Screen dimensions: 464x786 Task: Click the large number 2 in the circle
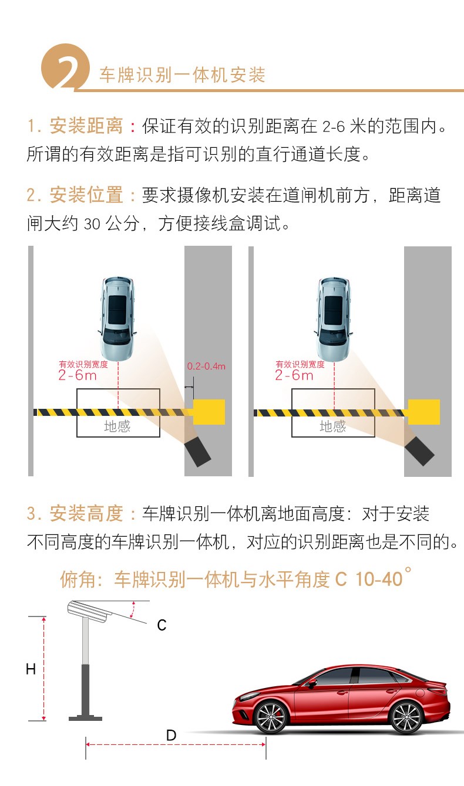tap(68, 72)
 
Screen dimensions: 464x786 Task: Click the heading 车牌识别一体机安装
tap(182, 74)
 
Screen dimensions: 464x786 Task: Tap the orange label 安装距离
tap(86, 126)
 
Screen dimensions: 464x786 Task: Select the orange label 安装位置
tap(86, 195)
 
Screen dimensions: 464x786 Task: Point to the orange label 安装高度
tap(86, 513)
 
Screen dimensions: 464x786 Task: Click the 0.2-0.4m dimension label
tap(206, 367)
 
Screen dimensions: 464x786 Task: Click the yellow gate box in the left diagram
tap(209, 412)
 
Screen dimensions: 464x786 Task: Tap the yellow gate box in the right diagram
tap(424, 412)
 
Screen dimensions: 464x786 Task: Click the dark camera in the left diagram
tap(198, 451)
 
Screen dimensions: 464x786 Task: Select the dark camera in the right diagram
tap(419, 451)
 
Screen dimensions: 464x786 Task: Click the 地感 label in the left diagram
tap(117, 426)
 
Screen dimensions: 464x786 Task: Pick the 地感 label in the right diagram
tap(332, 426)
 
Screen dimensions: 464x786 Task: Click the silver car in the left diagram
tap(117, 319)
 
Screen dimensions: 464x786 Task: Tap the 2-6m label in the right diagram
tap(294, 375)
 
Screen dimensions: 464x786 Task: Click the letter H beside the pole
tap(31, 669)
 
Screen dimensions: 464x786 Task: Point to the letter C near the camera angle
tap(162, 625)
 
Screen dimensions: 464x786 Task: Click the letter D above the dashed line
tap(171, 735)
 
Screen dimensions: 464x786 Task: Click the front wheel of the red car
tap(271, 717)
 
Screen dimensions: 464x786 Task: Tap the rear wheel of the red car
tap(406, 717)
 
